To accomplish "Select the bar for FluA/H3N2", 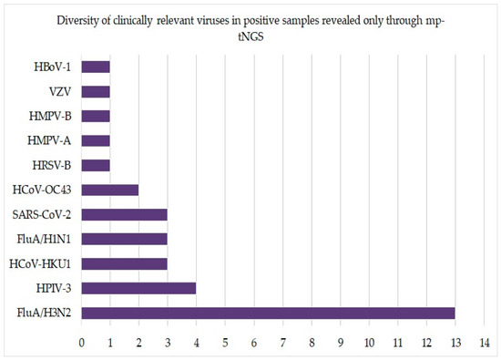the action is pyautogui.click(x=268, y=313).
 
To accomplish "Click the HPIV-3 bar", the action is pyautogui.click(x=138, y=288).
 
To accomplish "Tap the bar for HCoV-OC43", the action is pyautogui.click(x=110, y=190).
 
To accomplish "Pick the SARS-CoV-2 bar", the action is pyautogui.click(x=124, y=214).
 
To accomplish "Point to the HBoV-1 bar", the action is pyautogui.click(x=96, y=67).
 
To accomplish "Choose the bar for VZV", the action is pyautogui.click(x=96, y=91).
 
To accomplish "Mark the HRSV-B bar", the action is pyautogui.click(x=96, y=165).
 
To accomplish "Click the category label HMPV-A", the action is pyautogui.click(x=49, y=140).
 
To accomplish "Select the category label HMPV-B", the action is pyautogui.click(x=50, y=116).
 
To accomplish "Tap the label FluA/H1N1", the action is pyautogui.click(x=44, y=239).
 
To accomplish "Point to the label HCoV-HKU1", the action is pyautogui.click(x=40, y=264).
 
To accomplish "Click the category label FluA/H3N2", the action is pyautogui.click(x=44, y=313).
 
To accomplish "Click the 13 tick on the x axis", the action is pyautogui.click(x=455, y=343).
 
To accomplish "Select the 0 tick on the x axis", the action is pyautogui.click(x=81, y=343).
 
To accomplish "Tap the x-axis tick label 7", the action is pyautogui.click(x=282, y=343).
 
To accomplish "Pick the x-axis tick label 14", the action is pyautogui.click(x=485, y=343).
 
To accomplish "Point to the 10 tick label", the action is pyautogui.click(x=369, y=343).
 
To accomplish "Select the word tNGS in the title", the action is pyautogui.click(x=250, y=36).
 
